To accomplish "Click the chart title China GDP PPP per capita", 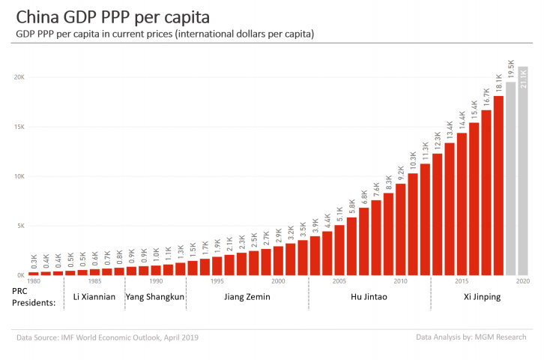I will [x=113, y=16].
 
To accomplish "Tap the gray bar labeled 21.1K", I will [x=523, y=171].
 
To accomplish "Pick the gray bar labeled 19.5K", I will [x=510, y=178].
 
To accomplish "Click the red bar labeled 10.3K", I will [x=413, y=224].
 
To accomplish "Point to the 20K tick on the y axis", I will [x=19, y=77].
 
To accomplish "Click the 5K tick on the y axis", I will [x=20, y=226].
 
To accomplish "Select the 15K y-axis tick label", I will [x=19, y=127].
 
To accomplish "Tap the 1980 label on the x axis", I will [x=34, y=281].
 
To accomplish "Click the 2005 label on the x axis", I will [x=339, y=281].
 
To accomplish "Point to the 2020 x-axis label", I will [x=523, y=281].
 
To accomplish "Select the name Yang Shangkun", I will [x=154, y=297].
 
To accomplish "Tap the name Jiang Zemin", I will [x=247, y=297].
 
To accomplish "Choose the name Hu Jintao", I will [x=369, y=297].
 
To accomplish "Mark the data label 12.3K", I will [x=438, y=142].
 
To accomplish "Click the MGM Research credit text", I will [x=473, y=338].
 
